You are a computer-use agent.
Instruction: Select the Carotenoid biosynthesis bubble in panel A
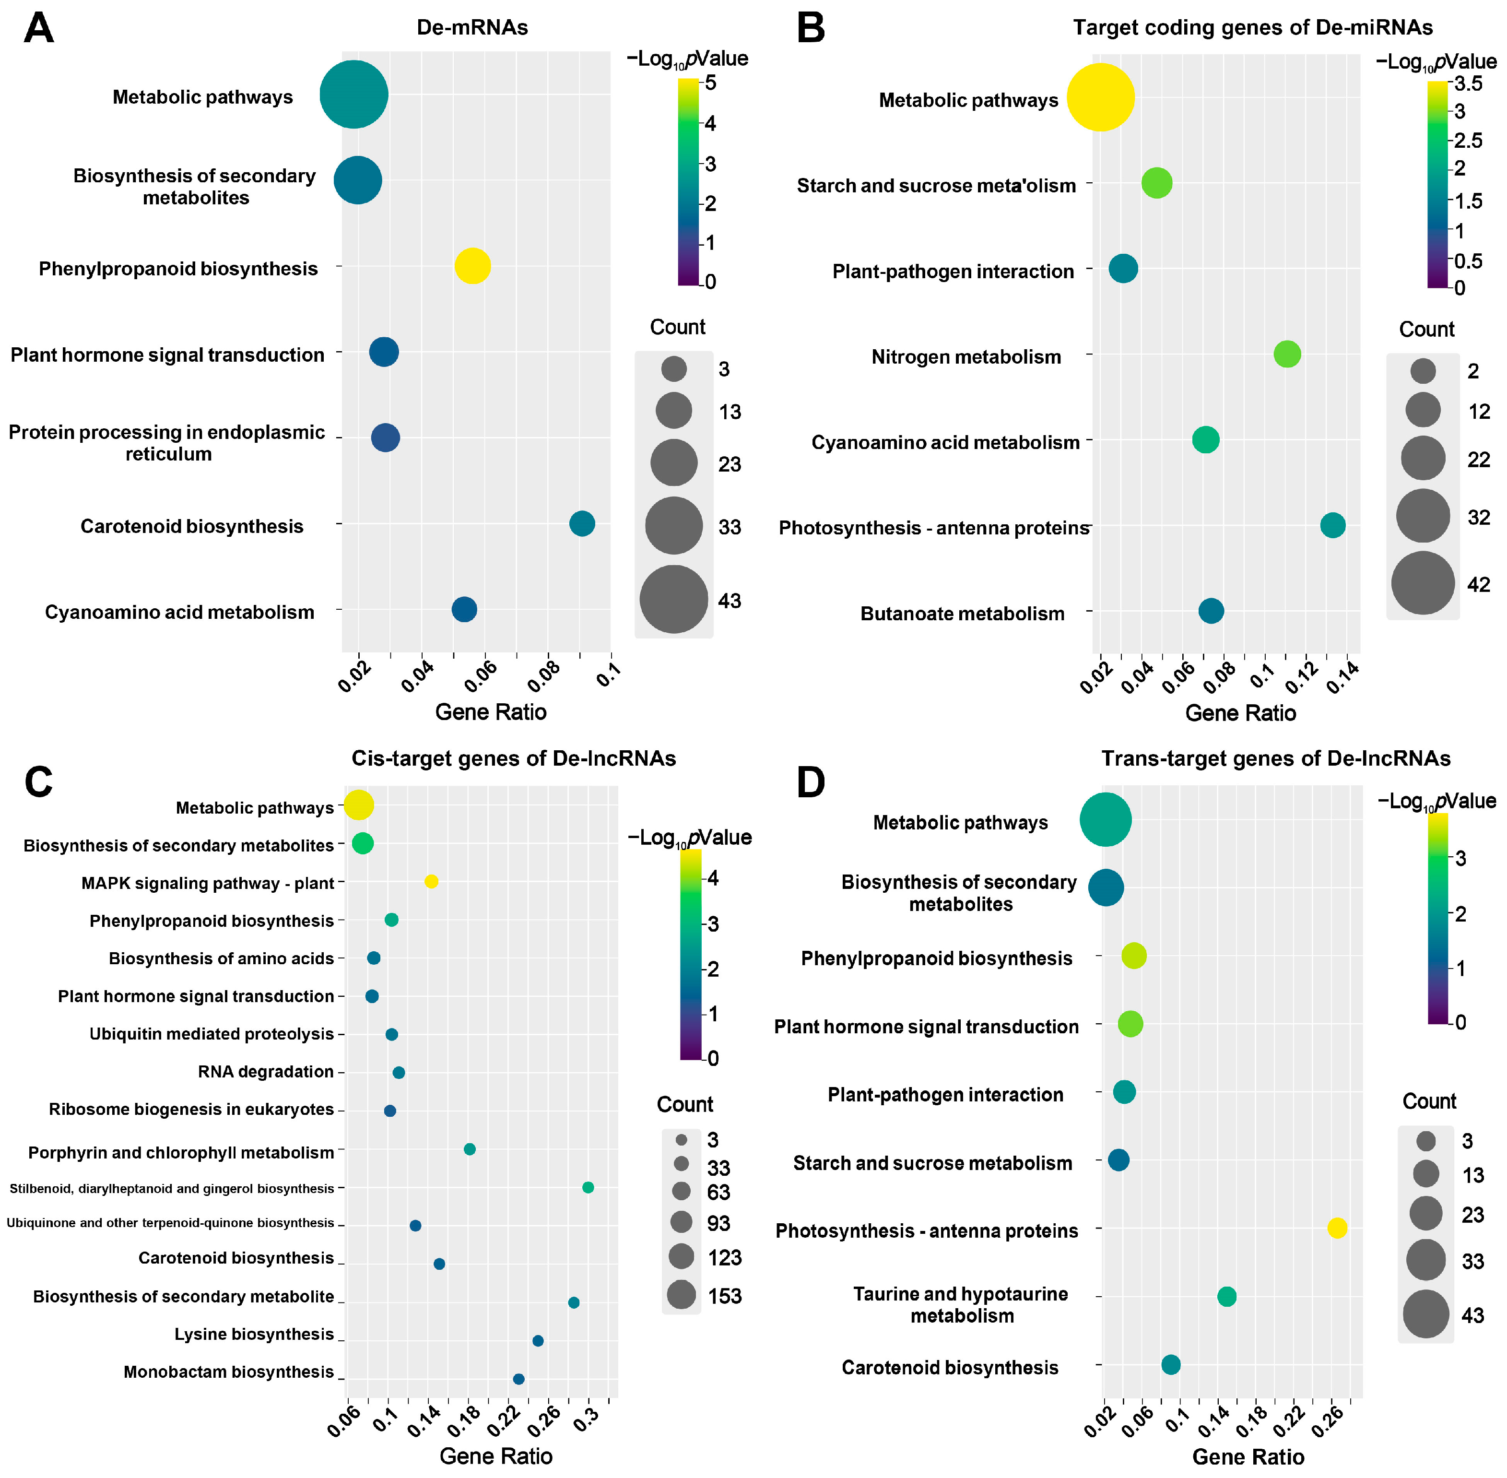coord(582,524)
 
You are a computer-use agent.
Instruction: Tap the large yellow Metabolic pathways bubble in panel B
coord(1100,98)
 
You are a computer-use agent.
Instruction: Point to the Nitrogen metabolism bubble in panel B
coord(1287,354)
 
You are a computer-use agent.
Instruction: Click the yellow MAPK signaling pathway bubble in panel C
coord(432,881)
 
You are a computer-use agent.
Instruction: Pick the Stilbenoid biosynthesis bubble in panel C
coord(588,1187)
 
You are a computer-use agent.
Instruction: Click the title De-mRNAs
coord(472,27)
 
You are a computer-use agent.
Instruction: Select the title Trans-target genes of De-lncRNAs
coord(1276,758)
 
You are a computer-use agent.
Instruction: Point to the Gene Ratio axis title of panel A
coord(491,712)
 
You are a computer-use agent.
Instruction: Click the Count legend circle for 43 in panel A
coord(673,599)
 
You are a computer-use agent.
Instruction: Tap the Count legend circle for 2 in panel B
coord(1423,371)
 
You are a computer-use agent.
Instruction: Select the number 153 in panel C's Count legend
coord(724,1296)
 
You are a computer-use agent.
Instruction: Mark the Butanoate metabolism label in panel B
coord(962,614)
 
